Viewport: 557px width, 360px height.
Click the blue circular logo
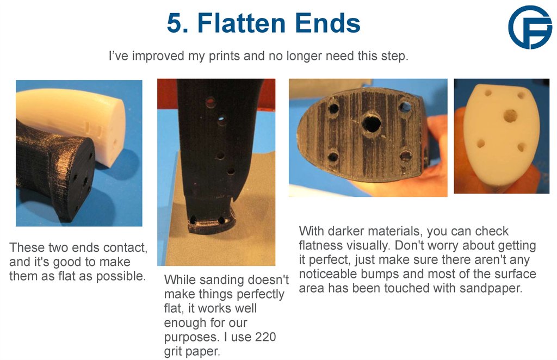tap(529, 27)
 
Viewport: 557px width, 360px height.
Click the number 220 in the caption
tap(265, 337)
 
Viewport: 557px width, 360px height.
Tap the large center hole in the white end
tap(510, 115)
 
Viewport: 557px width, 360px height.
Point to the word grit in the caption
tap(175, 351)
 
